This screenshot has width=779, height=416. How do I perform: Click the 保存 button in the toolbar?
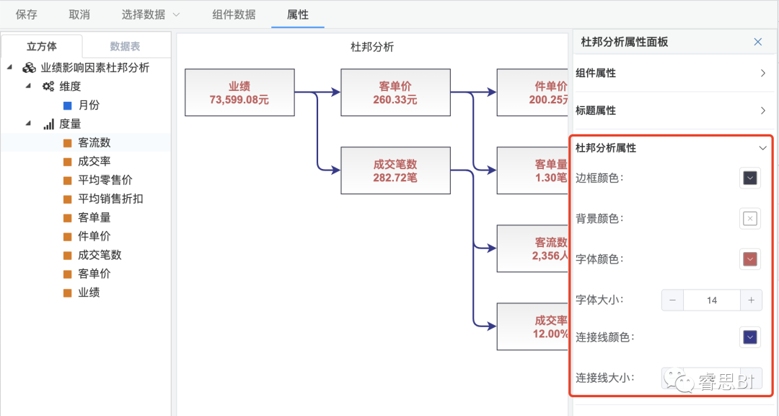click(x=27, y=14)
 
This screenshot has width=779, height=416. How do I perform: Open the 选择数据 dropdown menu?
click(x=151, y=14)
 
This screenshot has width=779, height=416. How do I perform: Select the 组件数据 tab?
click(x=234, y=14)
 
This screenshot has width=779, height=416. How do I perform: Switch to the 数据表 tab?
click(x=125, y=46)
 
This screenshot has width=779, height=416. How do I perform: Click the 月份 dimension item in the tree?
click(x=89, y=105)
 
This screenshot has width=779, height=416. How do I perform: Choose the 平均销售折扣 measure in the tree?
click(x=110, y=199)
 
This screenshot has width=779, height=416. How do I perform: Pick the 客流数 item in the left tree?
click(x=94, y=142)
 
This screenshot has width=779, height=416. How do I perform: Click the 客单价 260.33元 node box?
click(x=395, y=92)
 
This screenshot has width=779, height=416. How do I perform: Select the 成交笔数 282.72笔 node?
click(x=395, y=170)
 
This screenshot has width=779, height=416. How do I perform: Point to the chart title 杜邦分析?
click(x=372, y=47)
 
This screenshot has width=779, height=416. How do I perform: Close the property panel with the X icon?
click(x=757, y=42)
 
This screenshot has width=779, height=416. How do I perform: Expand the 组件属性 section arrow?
click(x=763, y=73)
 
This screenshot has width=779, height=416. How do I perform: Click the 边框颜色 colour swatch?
click(x=750, y=178)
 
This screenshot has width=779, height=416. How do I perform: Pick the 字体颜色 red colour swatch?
click(x=750, y=259)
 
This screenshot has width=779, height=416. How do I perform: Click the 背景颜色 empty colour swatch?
click(x=750, y=219)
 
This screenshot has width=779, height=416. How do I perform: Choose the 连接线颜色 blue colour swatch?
click(x=750, y=337)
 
